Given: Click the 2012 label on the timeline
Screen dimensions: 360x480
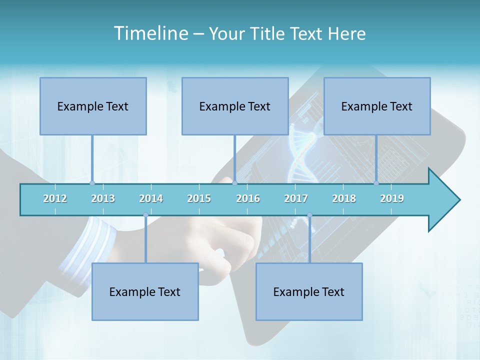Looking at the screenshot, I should coord(55,198).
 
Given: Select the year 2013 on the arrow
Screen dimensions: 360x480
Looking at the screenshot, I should coord(103,198).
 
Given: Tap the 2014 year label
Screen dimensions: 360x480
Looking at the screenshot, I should coord(151,198).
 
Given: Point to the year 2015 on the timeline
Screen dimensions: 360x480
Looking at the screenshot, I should coord(199,198).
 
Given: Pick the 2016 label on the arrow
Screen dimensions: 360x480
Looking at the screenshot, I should coord(248,198).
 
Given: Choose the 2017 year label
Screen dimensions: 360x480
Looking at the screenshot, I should coord(296,198).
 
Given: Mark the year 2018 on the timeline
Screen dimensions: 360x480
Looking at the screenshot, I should coord(344,198).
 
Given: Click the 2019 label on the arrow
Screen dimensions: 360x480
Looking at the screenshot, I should coord(392,198).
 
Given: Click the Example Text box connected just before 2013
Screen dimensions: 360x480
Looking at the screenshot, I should coord(93,106).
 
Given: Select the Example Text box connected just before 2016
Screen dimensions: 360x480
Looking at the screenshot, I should coord(235,106).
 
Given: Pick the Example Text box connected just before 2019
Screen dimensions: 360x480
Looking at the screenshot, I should coord(377,106).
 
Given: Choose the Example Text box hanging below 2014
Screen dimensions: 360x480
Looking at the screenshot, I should coord(145,291).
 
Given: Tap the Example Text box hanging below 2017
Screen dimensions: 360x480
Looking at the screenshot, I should coord(309,291).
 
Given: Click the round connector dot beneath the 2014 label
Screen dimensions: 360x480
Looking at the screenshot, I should coord(145,215).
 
